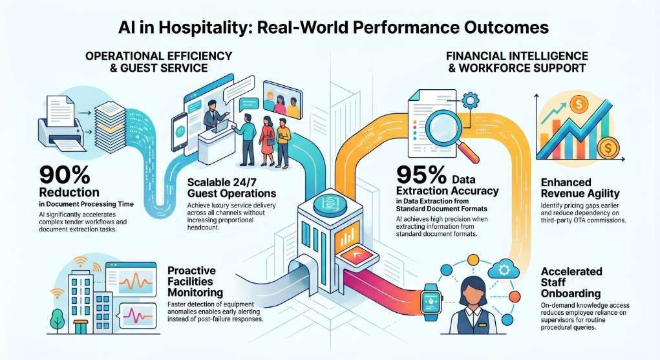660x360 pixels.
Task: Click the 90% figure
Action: coord(65,175)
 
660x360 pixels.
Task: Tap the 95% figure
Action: coord(421,175)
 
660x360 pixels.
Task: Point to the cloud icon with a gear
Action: coord(504,269)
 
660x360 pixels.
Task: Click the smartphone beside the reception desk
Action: coord(180,131)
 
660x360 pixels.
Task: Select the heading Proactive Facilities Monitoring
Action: coord(195,281)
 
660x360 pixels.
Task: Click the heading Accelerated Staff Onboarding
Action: coord(571,282)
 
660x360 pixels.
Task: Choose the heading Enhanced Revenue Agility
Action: coord(580,188)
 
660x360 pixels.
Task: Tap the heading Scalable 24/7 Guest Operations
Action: coord(231,188)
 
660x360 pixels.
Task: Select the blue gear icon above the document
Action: coord(470,101)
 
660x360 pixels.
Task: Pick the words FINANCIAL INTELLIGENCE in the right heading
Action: coord(517,56)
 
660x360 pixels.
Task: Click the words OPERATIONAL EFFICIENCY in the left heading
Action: coord(158,56)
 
